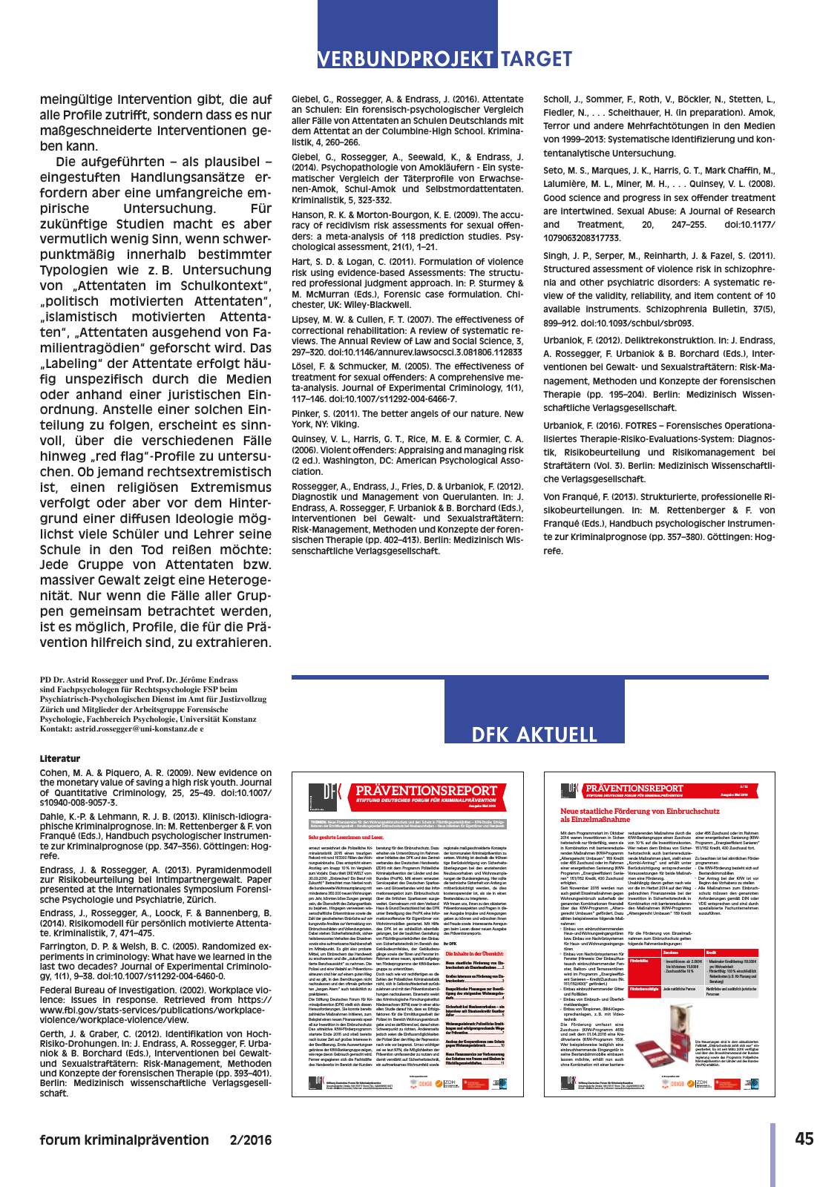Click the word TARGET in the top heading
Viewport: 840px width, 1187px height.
pos(536,59)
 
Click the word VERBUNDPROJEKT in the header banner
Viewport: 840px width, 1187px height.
pos(406,59)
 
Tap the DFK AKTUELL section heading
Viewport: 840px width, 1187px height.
pos(534,734)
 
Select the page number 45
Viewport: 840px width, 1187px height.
pos(804,1139)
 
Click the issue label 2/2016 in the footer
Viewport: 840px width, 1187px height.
pos(251,1140)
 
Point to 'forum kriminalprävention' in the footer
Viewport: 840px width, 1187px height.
pos(125,1140)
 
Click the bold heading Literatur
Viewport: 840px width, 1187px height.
pos(60,759)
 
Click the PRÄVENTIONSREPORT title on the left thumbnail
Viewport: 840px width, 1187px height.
pos(426,791)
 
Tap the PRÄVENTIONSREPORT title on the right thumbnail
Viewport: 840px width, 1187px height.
pos(634,788)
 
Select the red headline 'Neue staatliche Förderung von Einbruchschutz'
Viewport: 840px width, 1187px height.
pos(640,812)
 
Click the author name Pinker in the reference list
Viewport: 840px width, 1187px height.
pos(306,414)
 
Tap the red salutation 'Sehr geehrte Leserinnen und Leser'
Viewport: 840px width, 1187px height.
pos(346,837)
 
